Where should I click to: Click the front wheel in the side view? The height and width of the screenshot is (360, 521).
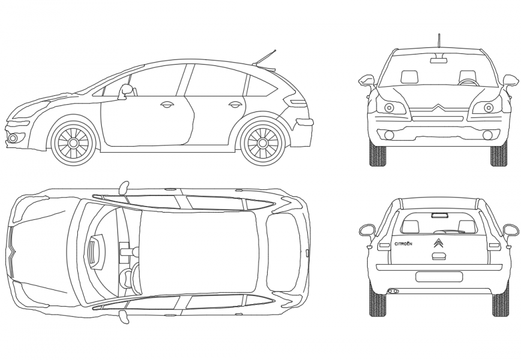[74, 143]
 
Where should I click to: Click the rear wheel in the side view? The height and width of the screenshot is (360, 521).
[262, 143]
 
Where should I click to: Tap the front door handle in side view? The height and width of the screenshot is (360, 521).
[166, 105]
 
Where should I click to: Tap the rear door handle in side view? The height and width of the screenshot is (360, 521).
[235, 105]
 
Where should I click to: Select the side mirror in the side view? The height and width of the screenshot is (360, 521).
[126, 90]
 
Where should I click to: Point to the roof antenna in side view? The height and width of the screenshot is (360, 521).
[265, 58]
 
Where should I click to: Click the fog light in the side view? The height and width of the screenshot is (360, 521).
[13, 138]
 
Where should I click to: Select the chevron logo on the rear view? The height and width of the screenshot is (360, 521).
[438, 243]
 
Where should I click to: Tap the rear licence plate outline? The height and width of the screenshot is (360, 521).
[439, 277]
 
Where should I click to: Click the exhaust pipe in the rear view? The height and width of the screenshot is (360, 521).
[393, 291]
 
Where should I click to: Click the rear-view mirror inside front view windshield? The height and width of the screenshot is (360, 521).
[439, 59]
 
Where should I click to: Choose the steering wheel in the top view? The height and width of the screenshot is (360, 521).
[126, 278]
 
